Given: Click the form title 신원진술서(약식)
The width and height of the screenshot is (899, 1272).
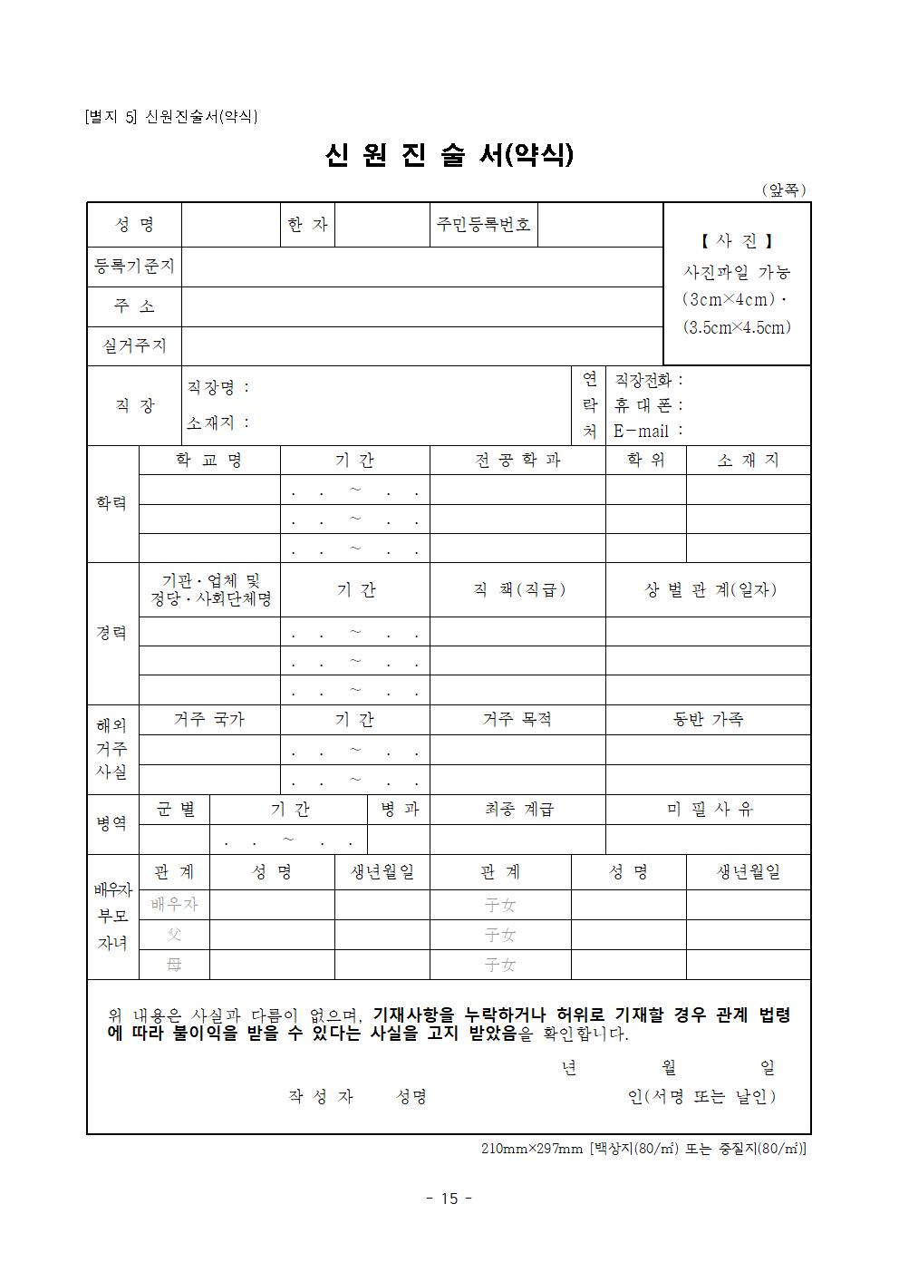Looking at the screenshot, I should click(x=449, y=156).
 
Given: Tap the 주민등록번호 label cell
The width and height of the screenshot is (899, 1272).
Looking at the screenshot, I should click(x=483, y=224).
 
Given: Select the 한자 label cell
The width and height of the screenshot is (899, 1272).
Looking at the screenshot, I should click(x=307, y=224).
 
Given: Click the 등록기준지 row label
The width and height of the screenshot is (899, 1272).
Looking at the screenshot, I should click(x=134, y=267).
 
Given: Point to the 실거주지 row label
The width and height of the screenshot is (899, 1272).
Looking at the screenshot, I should click(x=134, y=345).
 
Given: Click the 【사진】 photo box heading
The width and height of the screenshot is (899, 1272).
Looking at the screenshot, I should click(x=737, y=241).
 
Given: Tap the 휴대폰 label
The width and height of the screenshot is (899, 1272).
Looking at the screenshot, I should click(x=648, y=405).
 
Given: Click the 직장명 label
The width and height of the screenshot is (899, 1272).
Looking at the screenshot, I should click(x=217, y=387).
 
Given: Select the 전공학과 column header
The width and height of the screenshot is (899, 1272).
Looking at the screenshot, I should click(x=517, y=460).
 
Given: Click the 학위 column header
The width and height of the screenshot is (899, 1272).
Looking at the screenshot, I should click(x=645, y=460).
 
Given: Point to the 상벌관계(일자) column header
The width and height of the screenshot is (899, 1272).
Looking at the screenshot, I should click(x=709, y=589).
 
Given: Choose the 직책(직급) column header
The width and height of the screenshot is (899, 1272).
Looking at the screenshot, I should click(x=517, y=589).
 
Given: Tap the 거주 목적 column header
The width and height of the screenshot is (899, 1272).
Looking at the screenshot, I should click(x=517, y=719).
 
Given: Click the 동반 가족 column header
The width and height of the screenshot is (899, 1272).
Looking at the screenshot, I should click(x=709, y=719).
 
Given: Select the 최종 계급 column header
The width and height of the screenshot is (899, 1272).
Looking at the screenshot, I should click(x=517, y=809).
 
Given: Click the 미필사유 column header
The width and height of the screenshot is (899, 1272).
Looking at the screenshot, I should click(x=709, y=809).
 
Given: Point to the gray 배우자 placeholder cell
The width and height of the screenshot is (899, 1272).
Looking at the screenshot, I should click(x=174, y=904).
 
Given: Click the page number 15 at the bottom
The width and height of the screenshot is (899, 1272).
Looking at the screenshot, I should click(x=449, y=1199).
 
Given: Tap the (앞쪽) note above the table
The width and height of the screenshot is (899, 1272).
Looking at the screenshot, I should click(x=783, y=189).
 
